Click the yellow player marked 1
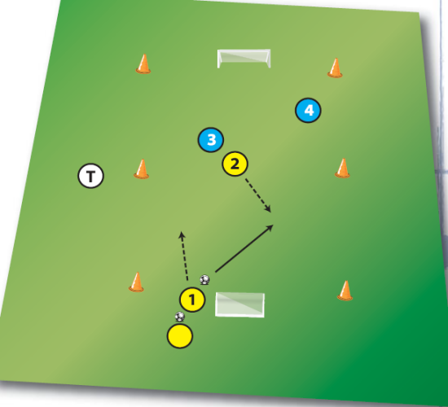point(192,300)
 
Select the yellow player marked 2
point(235,164)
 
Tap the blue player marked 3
point(211,140)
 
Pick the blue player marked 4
point(308,110)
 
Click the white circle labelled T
point(91,176)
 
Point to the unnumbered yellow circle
point(180,336)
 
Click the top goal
point(244,59)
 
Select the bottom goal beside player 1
point(239,304)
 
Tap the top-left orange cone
point(143,64)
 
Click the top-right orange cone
point(335,68)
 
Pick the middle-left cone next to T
point(142,169)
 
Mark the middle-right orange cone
point(342,168)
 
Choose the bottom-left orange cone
point(136,282)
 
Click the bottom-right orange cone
point(345,291)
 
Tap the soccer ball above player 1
point(204,280)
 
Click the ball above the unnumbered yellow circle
point(180,317)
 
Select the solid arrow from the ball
point(244,248)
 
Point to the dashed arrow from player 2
point(258,195)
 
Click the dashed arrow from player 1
point(184,256)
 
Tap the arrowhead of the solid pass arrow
point(270,227)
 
